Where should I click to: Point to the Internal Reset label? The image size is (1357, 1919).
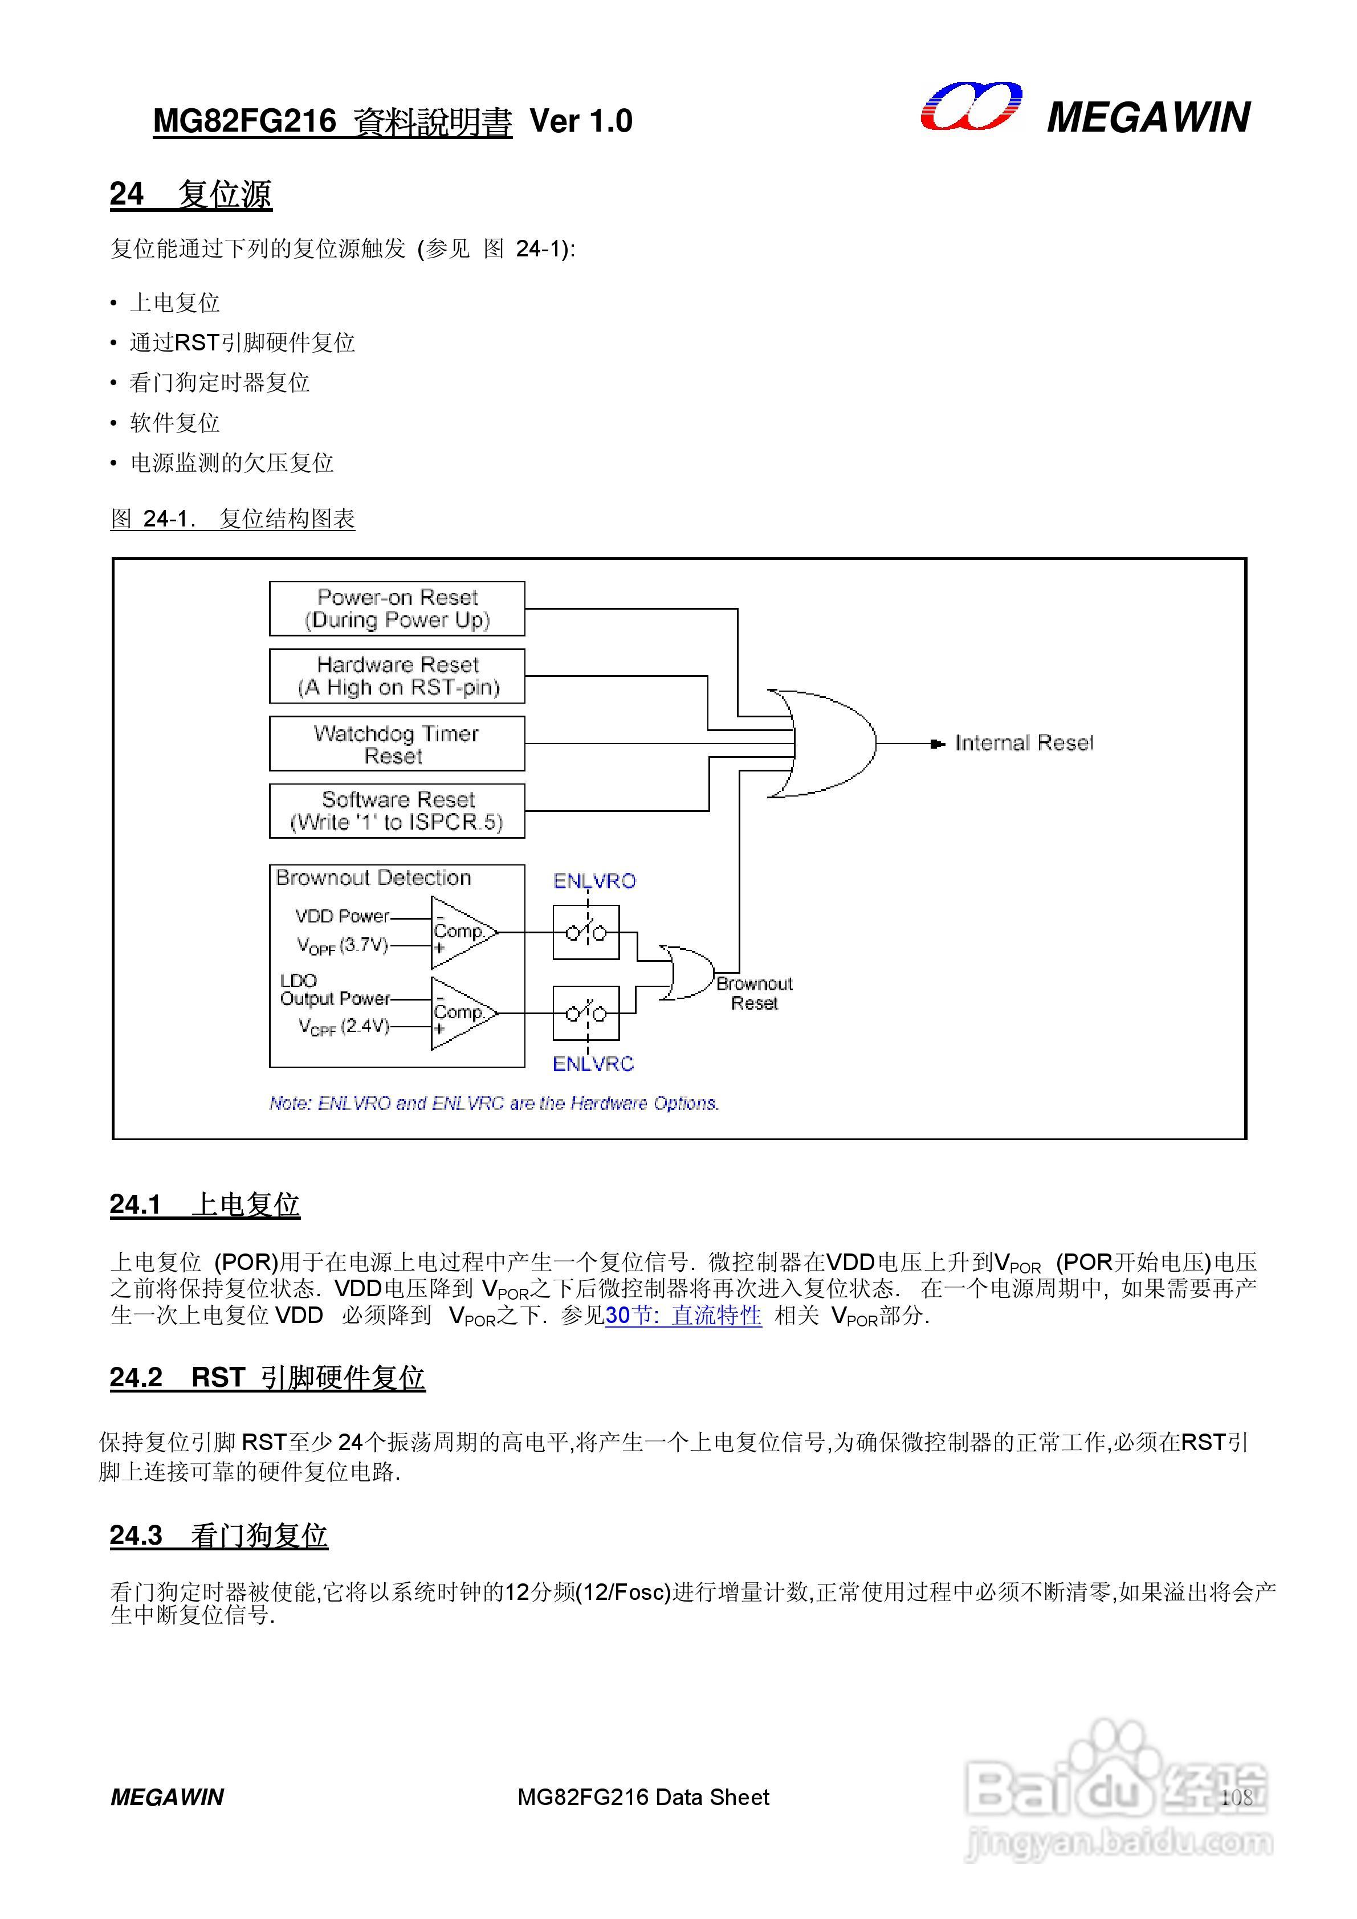click(x=1024, y=743)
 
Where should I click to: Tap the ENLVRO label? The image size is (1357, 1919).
click(x=594, y=881)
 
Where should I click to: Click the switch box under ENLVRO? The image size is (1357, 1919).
click(x=586, y=932)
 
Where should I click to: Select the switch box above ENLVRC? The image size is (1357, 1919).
click(x=586, y=1013)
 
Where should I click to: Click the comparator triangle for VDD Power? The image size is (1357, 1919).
click(x=462, y=932)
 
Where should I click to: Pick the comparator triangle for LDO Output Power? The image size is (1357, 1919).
click(x=462, y=1013)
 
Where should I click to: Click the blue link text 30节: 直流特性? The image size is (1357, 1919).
click(x=683, y=1316)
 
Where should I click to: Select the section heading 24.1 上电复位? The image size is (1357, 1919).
click(x=205, y=1205)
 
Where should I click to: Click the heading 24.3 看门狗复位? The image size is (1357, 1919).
click(x=218, y=1536)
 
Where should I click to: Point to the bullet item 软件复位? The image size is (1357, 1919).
click(x=175, y=423)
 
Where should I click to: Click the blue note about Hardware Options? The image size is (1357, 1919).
click(x=494, y=1103)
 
